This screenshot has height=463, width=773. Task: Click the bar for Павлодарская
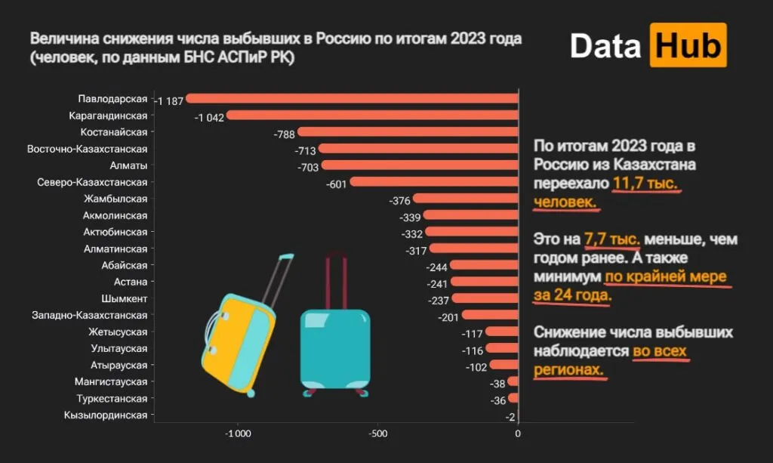coord(352,99)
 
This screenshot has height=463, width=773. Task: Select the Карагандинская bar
coord(372,116)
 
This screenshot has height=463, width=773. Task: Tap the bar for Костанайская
coord(408,132)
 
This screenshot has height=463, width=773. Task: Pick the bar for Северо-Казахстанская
coord(434,182)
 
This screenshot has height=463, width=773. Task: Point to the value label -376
coord(399,200)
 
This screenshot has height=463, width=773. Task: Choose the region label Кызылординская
coord(106,415)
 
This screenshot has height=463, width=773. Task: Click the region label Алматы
coord(128,165)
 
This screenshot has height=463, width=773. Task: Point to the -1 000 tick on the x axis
coord(239,434)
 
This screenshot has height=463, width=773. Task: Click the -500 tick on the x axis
coord(378,434)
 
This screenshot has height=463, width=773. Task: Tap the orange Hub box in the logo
coord(687,45)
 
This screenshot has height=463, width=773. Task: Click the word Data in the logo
coord(605,46)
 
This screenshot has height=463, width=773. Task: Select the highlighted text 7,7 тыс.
coord(612,239)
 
